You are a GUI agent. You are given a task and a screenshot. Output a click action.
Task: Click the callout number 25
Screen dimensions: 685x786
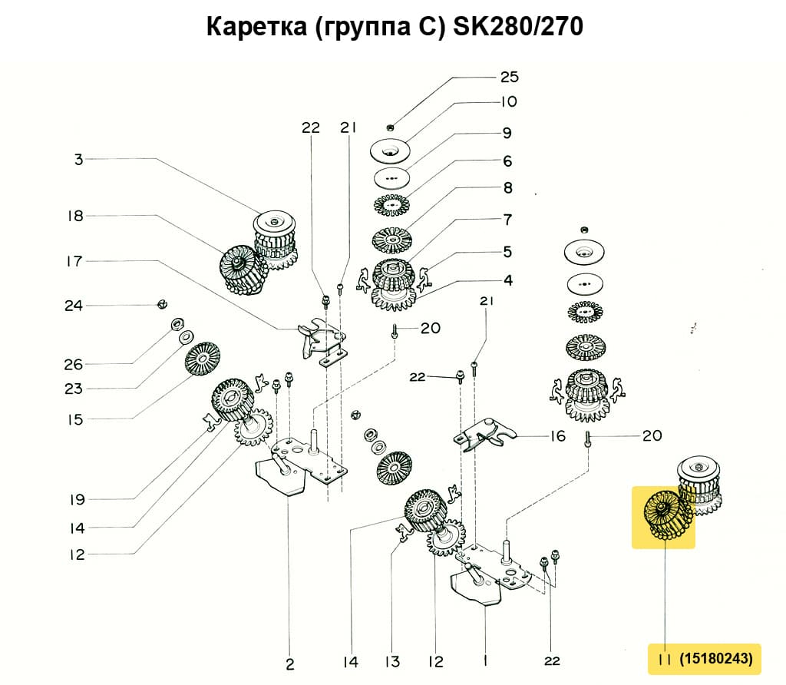tap(510, 77)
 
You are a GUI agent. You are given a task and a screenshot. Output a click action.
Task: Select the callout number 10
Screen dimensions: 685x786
tap(510, 101)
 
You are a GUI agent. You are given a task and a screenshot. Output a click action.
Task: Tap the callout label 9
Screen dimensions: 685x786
tap(507, 133)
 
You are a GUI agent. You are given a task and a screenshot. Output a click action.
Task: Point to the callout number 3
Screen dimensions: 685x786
tap(78, 160)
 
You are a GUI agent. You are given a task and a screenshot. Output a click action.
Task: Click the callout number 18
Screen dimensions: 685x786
tap(74, 216)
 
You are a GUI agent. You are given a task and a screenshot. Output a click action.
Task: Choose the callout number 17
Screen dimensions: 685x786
tap(74, 261)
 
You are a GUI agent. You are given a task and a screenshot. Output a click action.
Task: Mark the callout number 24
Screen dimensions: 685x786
tap(74, 306)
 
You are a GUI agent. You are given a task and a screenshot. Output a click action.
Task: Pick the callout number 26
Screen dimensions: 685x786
tap(74, 363)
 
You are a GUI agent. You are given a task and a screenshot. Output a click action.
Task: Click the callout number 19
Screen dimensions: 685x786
tap(75, 500)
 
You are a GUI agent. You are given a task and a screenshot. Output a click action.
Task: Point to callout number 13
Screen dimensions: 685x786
tap(393, 661)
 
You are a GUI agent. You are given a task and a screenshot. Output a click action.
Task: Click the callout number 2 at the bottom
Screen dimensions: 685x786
tap(289, 663)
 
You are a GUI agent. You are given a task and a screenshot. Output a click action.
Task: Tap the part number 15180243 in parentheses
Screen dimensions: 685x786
tap(715, 658)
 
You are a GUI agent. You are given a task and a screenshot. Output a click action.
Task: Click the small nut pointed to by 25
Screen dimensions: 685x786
tap(391, 127)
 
